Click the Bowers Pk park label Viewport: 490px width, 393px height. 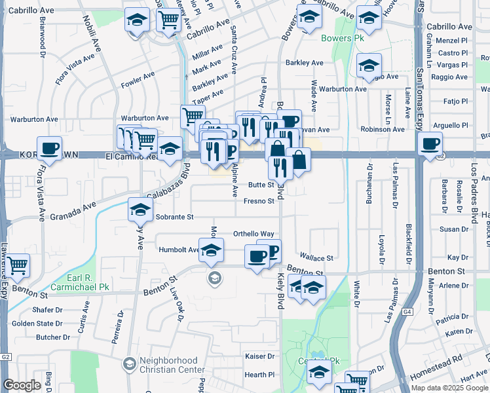(341, 38)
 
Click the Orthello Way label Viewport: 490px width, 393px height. (254, 234)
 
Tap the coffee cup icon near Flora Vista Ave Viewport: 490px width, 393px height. (49, 149)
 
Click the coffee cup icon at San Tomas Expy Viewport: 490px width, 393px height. (430, 144)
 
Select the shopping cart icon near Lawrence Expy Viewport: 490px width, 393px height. (18, 265)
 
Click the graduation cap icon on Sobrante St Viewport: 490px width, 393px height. (140, 210)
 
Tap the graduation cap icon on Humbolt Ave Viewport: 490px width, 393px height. (212, 250)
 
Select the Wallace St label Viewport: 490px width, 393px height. (316, 257)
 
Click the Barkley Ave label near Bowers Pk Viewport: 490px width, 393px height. (304, 63)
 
